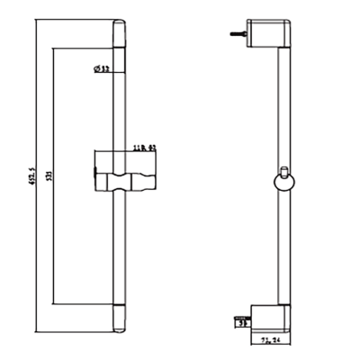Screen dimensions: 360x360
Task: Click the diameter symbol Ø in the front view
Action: tap(95, 69)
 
